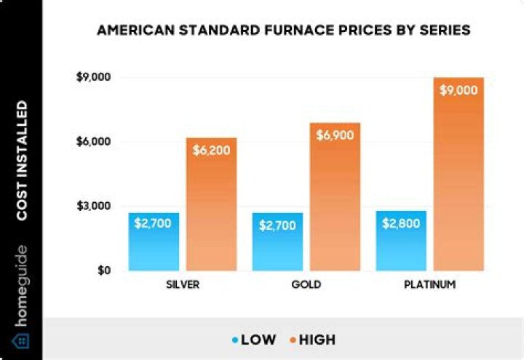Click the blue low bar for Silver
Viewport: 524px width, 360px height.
click(154, 241)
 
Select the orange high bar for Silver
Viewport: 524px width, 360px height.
click(211, 204)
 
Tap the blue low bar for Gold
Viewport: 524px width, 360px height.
click(277, 241)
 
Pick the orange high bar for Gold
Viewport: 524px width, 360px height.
click(336, 196)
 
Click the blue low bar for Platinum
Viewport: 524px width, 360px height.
click(401, 241)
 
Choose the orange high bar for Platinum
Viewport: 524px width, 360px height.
click(458, 174)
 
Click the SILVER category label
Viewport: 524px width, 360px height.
click(183, 284)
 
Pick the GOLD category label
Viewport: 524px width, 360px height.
click(306, 284)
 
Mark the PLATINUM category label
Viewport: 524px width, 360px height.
click(430, 284)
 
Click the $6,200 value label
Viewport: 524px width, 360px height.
click(211, 151)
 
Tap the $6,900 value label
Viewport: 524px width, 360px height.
click(336, 135)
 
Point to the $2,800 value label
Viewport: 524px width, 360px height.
click(401, 223)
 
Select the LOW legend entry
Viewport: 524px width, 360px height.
click(255, 340)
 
